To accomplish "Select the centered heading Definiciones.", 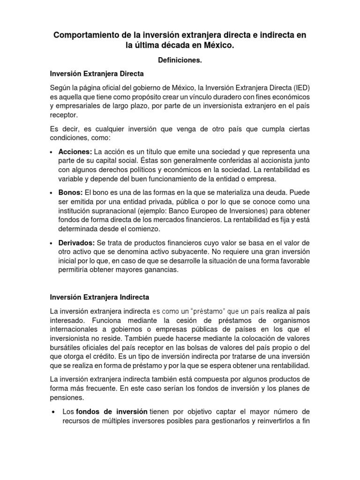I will click(x=180, y=60).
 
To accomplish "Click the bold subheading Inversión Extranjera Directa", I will click(x=97, y=74).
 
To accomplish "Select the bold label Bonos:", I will click(x=71, y=193).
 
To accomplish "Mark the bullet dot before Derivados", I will click(x=51, y=242).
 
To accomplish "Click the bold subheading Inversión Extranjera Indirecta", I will click(x=99, y=297).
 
